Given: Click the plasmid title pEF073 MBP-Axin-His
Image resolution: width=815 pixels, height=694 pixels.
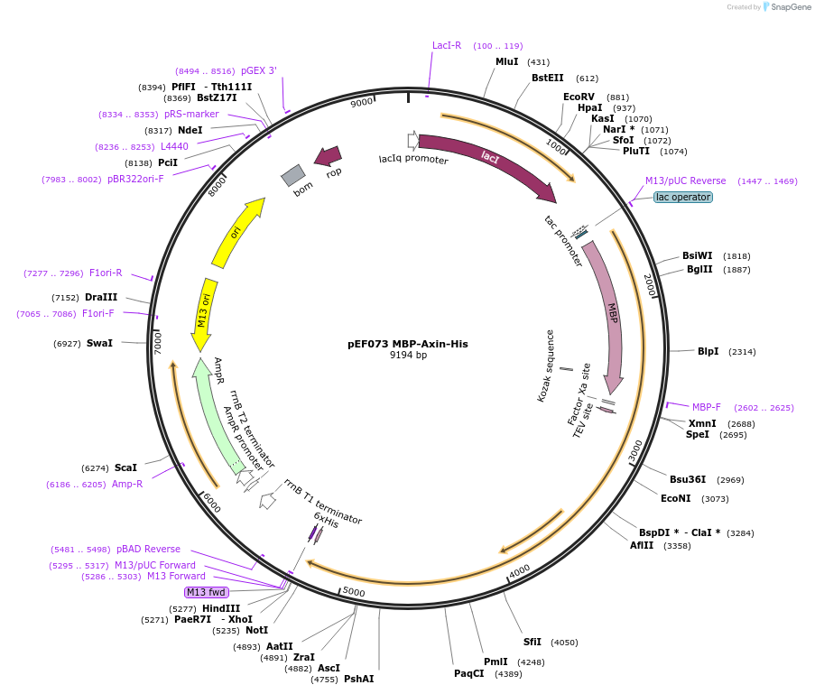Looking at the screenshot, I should click(x=408, y=344).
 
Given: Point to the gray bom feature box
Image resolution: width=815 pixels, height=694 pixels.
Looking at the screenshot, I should click(x=293, y=175).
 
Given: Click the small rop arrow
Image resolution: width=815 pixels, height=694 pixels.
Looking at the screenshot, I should click(x=328, y=157).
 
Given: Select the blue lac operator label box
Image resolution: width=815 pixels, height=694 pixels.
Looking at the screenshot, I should click(x=682, y=197).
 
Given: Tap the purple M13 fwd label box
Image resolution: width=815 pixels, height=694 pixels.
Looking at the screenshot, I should click(x=206, y=592).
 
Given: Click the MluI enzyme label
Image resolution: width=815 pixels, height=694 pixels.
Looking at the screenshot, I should click(x=507, y=62).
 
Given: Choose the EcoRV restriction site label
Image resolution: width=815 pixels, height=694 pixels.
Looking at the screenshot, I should click(x=579, y=97).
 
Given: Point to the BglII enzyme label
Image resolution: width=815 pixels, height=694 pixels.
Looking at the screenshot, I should click(x=699, y=269).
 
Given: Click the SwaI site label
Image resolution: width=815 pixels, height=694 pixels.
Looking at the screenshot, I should click(x=99, y=343).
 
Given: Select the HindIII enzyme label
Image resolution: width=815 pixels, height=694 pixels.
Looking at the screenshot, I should click(x=221, y=608).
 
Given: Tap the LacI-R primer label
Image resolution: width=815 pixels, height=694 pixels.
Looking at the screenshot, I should click(x=447, y=45).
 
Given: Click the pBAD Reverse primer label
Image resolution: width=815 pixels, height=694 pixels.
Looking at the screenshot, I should click(x=148, y=549).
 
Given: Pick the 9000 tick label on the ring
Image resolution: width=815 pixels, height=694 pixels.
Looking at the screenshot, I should click(x=362, y=103).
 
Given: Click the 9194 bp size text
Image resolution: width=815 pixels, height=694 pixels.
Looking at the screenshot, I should click(x=408, y=356).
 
